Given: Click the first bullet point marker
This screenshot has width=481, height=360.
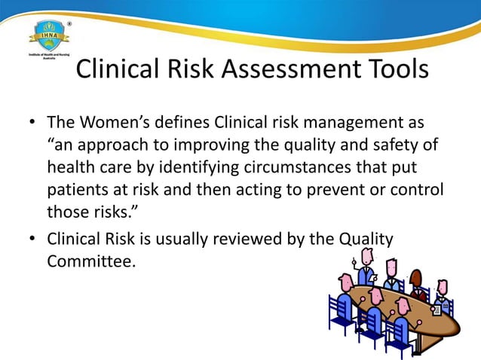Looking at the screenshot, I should click(31, 122).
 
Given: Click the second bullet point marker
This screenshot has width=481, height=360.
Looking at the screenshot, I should click(31, 239).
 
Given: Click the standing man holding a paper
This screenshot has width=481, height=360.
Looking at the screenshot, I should click(365, 270).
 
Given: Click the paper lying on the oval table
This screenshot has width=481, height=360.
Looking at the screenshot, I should click(437, 309).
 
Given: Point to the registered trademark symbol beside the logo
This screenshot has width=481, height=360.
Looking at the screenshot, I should click(71, 23).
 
